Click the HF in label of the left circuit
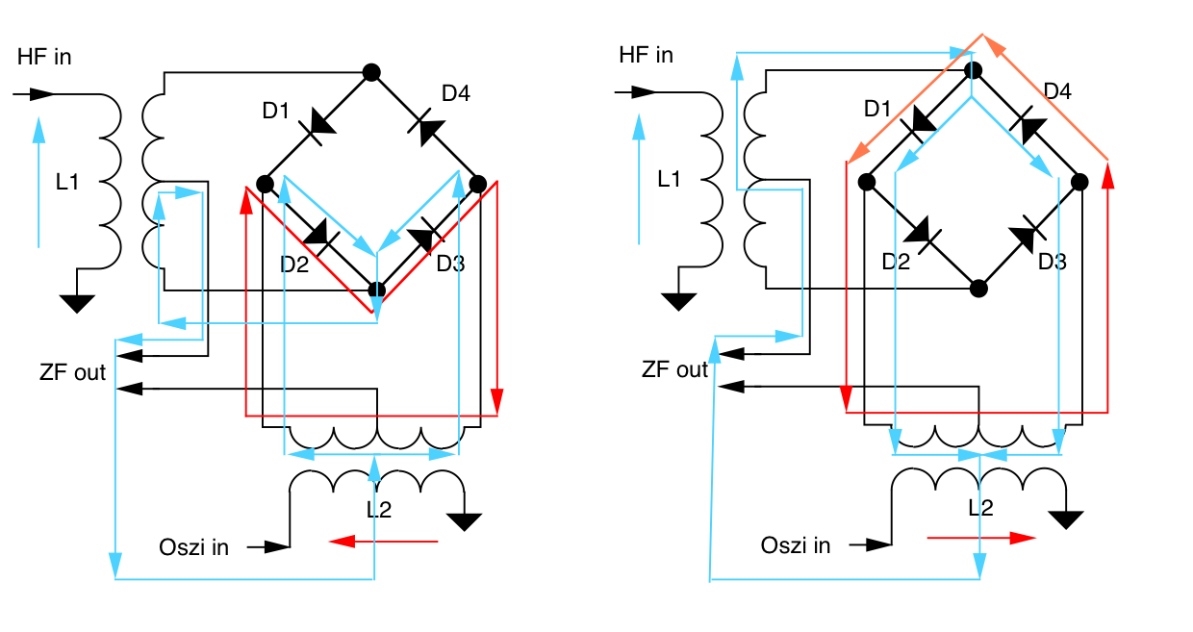point(44,58)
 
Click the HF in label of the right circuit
point(646,55)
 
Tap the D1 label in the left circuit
point(276,111)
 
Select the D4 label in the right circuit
point(1057,91)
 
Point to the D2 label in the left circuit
point(294,264)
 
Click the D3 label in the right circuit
point(1053,262)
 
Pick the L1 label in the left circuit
point(67,181)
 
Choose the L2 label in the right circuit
point(980,508)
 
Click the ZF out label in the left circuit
point(73,372)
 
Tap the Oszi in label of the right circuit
point(796,545)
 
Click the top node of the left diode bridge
point(370,72)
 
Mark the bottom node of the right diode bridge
point(978,288)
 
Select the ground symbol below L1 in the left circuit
point(77,304)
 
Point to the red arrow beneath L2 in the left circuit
point(383,543)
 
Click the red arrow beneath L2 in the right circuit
point(981,539)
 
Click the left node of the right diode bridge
point(867,181)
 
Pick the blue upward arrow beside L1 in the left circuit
point(38,183)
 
